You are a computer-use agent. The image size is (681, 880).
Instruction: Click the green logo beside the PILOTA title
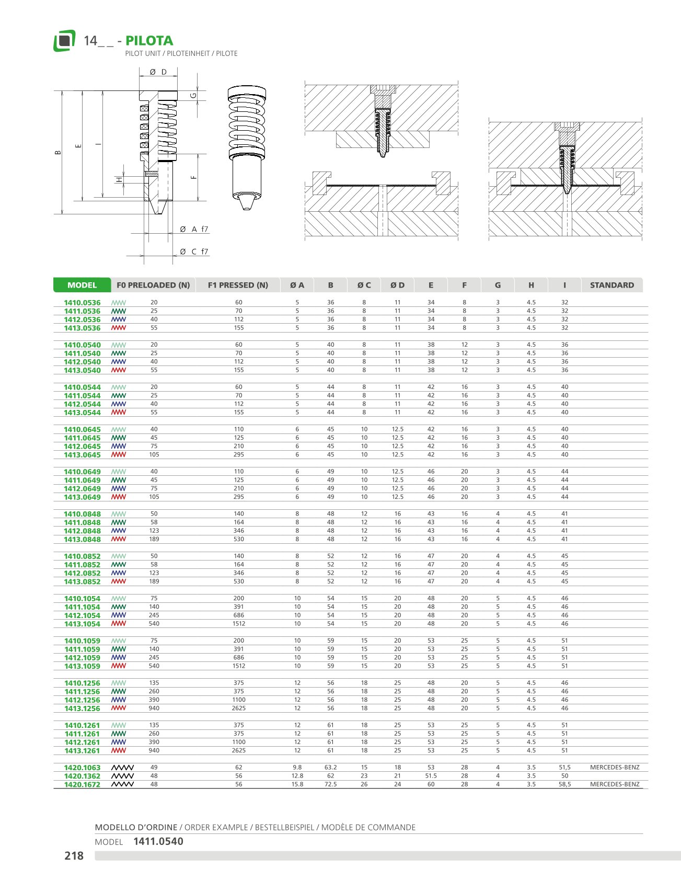pyautogui.click(x=64, y=41)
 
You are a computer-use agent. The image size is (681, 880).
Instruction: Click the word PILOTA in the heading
pyautogui.click(x=149, y=41)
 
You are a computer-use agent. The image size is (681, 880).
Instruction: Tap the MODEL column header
pyautogui.click(x=82, y=285)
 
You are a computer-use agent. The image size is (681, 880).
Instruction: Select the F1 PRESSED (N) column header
pyautogui.click(x=238, y=285)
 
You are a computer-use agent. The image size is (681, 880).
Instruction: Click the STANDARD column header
pyautogui.click(x=611, y=285)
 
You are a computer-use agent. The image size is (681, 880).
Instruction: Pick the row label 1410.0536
pyautogui.click(x=82, y=303)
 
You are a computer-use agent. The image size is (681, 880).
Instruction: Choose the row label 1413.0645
pyautogui.click(x=82, y=455)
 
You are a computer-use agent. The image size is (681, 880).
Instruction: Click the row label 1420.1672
pyautogui.click(x=82, y=785)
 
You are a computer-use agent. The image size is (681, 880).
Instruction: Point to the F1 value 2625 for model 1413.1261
pyautogui.click(x=239, y=751)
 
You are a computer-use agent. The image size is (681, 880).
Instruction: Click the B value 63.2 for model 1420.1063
pyautogui.click(x=330, y=768)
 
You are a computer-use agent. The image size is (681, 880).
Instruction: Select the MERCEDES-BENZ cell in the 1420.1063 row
pyautogui.click(x=615, y=768)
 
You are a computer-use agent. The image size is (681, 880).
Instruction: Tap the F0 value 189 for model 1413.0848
pyautogui.click(x=154, y=539)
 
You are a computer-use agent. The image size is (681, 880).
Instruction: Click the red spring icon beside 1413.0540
pyautogui.click(x=119, y=370)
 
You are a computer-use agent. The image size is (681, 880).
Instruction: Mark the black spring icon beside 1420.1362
pyautogui.click(x=123, y=776)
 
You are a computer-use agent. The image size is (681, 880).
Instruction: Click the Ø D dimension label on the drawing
pyautogui.click(x=158, y=72)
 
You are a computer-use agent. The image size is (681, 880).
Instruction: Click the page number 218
pyautogui.click(x=74, y=855)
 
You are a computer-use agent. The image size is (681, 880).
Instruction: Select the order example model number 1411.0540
pyautogui.click(x=158, y=841)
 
